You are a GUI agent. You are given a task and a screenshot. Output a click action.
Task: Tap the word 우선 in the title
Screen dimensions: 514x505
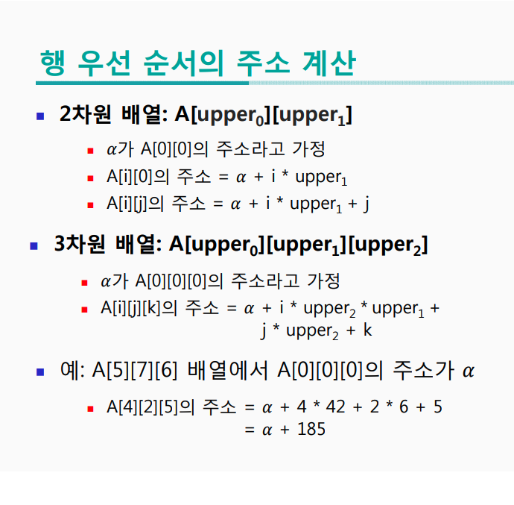(x=104, y=63)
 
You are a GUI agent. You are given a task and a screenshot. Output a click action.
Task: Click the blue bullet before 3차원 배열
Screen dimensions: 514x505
(x=34, y=245)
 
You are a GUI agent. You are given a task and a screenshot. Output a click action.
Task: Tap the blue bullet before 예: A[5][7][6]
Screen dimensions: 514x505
(x=41, y=371)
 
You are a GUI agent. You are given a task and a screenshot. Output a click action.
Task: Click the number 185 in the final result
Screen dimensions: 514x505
(x=311, y=429)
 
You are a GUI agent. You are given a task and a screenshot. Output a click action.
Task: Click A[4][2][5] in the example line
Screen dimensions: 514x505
(x=145, y=407)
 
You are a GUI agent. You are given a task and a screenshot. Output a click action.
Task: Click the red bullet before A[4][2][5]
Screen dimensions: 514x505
(x=89, y=408)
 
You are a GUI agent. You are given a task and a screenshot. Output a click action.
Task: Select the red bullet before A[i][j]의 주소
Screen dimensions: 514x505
(x=89, y=204)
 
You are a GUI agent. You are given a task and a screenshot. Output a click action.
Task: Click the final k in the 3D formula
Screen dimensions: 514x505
(x=368, y=330)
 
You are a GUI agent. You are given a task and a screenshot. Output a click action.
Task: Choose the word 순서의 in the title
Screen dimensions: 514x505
(x=183, y=63)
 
